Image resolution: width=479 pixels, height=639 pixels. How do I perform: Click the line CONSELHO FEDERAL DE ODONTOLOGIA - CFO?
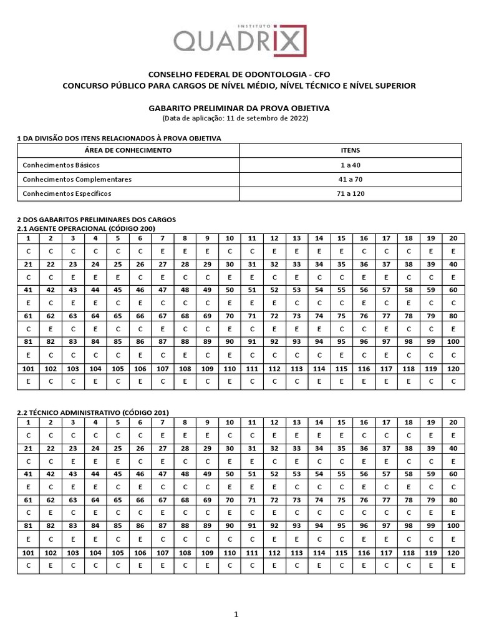(x=239, y=74)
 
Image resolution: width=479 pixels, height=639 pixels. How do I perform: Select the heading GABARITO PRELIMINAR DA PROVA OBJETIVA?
(x=239, y=108)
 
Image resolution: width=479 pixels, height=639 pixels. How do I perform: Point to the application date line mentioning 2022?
(x=239, y=118)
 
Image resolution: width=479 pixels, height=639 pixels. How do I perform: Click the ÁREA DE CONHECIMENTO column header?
(x=127, y=150)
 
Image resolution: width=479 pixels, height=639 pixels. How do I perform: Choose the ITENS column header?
(x=351, y=150)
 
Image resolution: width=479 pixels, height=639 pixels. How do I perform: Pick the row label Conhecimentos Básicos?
(x=61, y=165)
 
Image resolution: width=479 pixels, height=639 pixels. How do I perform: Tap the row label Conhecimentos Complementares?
(x=77, y=180)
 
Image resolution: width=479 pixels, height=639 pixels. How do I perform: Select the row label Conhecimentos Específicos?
(x=67, y=194)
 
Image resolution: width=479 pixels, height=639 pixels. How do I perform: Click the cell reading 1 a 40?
(x=351, y=165)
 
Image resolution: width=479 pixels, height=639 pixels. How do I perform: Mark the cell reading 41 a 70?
(x=351, y=180)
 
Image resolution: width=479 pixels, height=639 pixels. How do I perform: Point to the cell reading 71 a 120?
(x=351, y=194)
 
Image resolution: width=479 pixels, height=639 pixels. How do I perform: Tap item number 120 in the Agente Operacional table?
(x=453, y=369)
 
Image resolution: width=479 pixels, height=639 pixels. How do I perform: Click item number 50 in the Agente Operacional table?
(x=230, y=290)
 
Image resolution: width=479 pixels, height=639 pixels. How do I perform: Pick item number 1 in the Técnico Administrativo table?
(x=28, y=422)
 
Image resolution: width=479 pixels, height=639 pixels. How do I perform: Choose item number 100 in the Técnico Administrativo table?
(x=453, y=526)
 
